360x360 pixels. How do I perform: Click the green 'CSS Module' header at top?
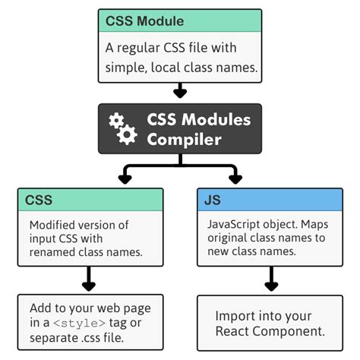[180, 21]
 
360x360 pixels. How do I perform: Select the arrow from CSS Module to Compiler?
[180, 92]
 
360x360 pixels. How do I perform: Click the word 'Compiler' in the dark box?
[185, 140]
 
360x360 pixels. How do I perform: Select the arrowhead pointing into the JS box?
[235, 179]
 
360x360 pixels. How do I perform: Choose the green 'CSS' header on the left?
[90, 201]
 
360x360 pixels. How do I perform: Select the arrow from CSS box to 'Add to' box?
[89, 281]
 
